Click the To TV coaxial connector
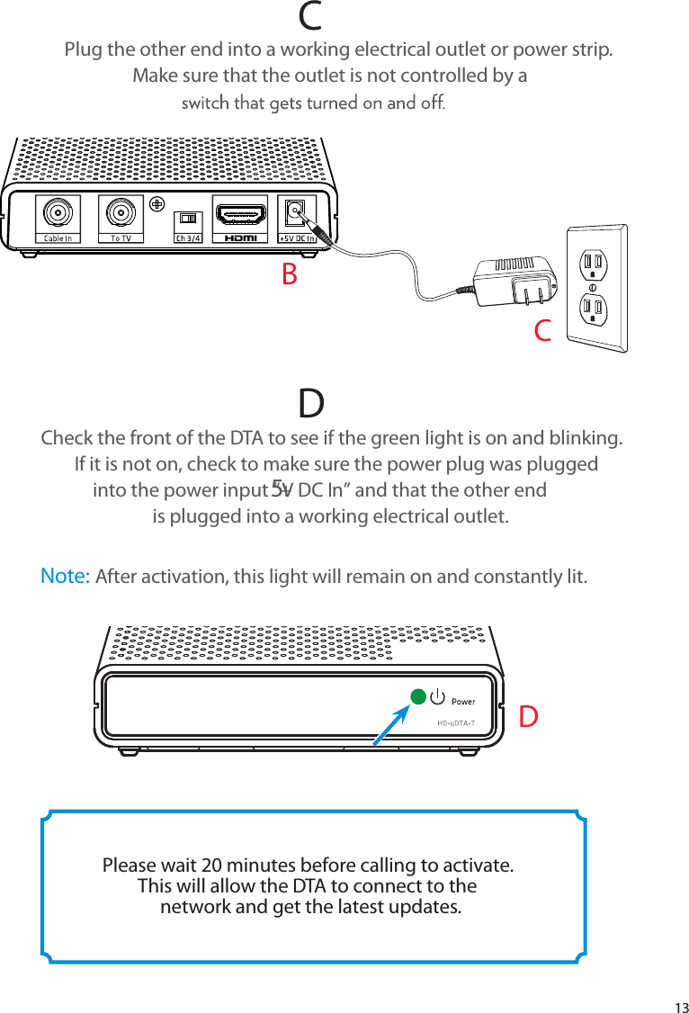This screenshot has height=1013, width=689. [121, 213]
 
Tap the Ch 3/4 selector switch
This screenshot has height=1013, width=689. [189, 219]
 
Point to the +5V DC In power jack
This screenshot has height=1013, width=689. [295, 212]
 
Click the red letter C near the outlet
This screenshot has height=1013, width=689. [542, 331]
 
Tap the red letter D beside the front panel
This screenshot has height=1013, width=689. [530, 717]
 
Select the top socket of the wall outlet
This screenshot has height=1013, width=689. [594, 264]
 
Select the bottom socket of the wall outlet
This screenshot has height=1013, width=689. [594, 309]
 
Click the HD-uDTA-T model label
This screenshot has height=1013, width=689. [455, 722]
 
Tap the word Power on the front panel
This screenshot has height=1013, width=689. [462, 701]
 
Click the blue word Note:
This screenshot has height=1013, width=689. [65, 576]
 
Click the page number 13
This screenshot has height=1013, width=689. [679, 1006]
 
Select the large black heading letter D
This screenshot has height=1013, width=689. [311, 405]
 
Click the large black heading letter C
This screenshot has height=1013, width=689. [311, 15]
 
